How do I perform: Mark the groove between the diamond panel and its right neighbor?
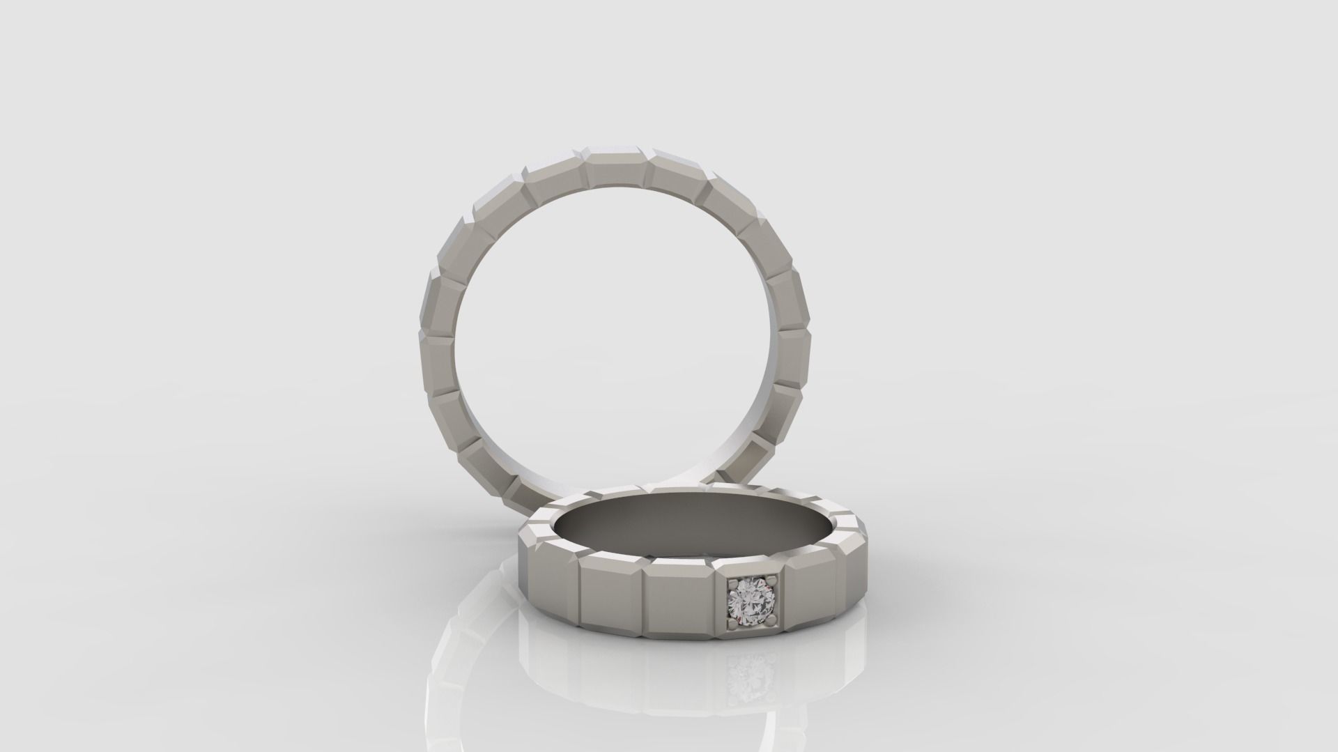[x=785, y=592]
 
